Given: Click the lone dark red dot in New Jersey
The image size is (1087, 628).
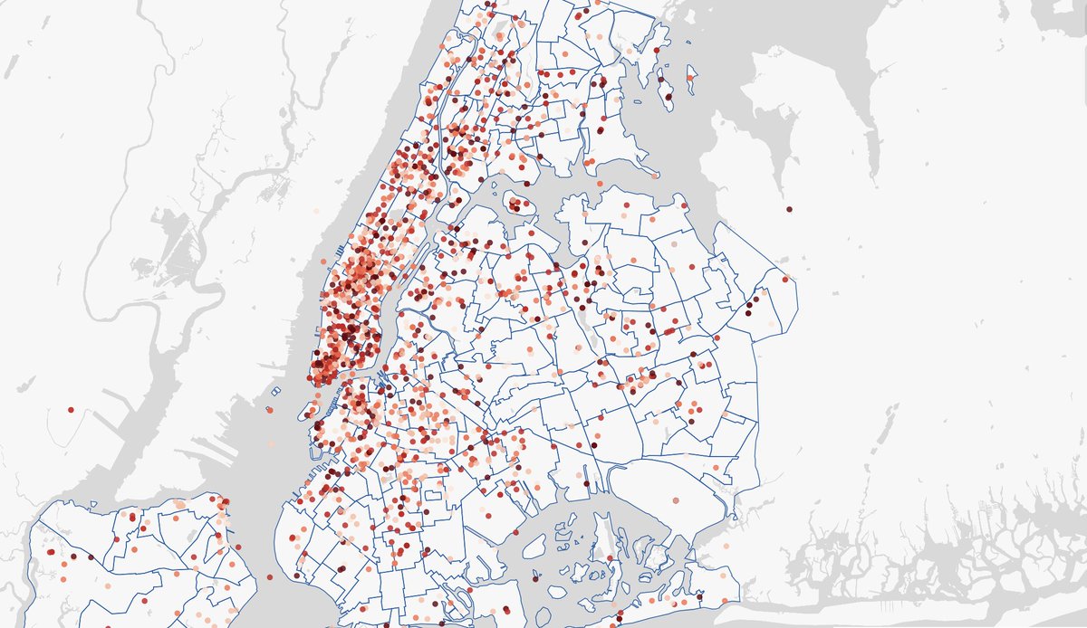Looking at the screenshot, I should [71, 410].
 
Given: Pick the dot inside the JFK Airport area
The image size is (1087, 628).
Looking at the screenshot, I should [676, 500].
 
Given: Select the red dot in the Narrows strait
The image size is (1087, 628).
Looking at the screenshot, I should [269, 576].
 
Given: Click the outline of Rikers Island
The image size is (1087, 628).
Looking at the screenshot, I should [518, 204].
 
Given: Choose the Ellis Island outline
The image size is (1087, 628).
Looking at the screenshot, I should [276, 392].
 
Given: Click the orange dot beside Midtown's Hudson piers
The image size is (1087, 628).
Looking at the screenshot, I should [324, 262].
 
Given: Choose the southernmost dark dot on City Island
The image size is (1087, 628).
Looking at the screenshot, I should [669, 96].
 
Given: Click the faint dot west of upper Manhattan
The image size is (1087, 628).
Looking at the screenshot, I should [317, 211].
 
